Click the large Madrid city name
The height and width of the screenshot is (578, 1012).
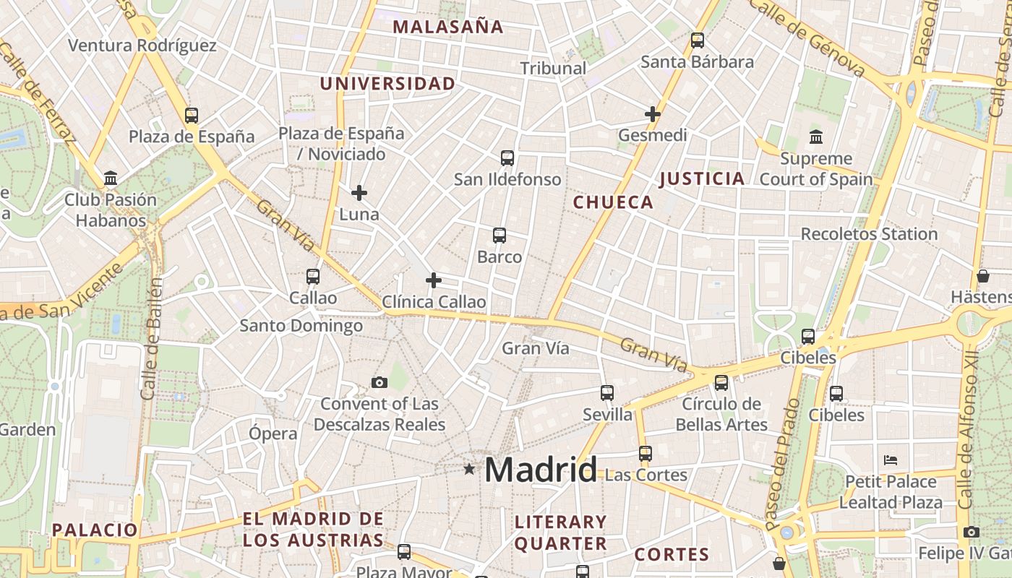(x=541, y=470)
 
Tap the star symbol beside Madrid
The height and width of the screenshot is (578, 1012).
(x=469, y=469)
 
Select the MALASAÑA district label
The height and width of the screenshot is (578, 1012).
(x=447, y=27)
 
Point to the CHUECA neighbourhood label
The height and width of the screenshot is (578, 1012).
(x=613, y=202)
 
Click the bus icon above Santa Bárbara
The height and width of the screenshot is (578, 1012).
(x=697, y=40)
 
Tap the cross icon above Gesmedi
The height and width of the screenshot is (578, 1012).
(x=653, y=113)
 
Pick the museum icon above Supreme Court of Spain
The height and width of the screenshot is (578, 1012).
(x=816, y=137)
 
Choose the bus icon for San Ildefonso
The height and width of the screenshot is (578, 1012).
(x=507, y=158)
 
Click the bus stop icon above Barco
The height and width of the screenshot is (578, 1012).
(x=499, y=235)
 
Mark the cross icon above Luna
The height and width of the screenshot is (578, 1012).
(x=359, y=193)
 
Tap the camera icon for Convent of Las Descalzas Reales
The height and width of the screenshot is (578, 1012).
(x=379, y=382)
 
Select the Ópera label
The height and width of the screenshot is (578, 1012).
(x=273, y=433)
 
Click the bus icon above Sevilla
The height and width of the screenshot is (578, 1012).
(x=607, y=393)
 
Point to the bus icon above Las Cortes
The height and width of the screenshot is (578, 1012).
(x=645, y=454)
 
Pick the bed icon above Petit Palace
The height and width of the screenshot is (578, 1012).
(x=891, y=460)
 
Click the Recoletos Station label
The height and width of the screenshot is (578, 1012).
(x=869, y=234)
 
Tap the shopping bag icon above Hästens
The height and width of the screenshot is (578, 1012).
(x=982, y=276)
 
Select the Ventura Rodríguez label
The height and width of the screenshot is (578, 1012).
(x=142, y=46)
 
